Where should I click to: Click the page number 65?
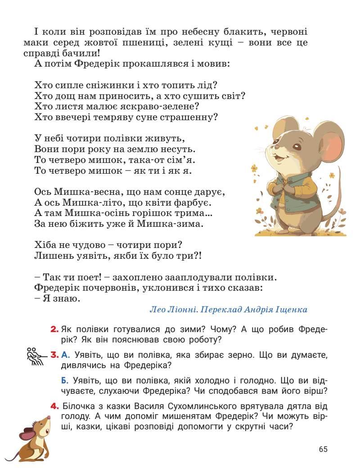323,449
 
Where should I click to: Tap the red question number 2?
54,329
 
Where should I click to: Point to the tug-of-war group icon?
35,357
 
